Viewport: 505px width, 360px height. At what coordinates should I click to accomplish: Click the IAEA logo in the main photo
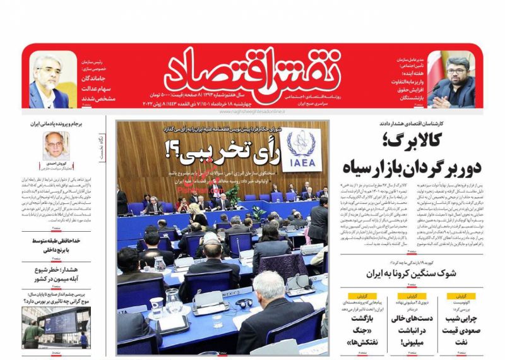pyautogui.click(x=301, y=150)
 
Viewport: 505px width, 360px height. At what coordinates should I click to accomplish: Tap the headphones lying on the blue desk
pyautogui.click(x=245, y=303)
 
